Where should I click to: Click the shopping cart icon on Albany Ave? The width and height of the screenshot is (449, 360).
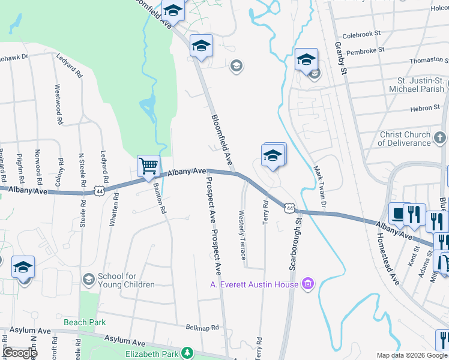(x=148, y=166)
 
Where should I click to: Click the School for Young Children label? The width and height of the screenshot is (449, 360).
(x=126, y=280)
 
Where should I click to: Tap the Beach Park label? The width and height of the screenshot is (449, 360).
(x=85, y=323)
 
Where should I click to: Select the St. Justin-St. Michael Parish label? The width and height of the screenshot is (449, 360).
(x=421, y=85)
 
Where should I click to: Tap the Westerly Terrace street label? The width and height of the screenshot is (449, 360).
(x=243, y=235)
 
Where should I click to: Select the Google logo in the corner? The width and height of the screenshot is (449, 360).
(x=20, y=352)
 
